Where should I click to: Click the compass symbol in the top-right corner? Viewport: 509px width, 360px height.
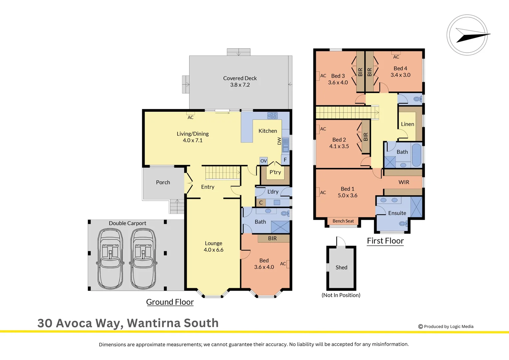[467, 35]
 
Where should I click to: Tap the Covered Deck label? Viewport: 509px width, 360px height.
[240, 78]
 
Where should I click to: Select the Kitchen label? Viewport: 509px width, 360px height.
[267, 131]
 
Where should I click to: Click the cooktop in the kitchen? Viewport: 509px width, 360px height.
[272, 116]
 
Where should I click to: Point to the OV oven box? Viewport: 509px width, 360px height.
[263, 161]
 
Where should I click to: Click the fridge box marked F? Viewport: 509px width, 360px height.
[285, 160]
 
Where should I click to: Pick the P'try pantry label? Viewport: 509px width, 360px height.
[275, 172]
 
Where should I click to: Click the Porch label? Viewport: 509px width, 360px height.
[163, 182]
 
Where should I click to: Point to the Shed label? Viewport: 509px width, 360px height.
[341, 267]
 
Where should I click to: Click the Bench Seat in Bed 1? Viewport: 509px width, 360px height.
[343, 221]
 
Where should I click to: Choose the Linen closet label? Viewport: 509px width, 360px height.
[407, 124]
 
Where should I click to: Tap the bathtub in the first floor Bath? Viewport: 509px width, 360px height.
[416, 155]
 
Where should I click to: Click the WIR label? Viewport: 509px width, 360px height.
[404, 182]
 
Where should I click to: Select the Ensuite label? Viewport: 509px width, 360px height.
[397, 213]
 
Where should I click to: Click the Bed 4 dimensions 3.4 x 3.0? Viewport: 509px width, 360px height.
[400, 75]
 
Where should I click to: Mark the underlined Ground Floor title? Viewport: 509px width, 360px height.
[170, 302]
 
